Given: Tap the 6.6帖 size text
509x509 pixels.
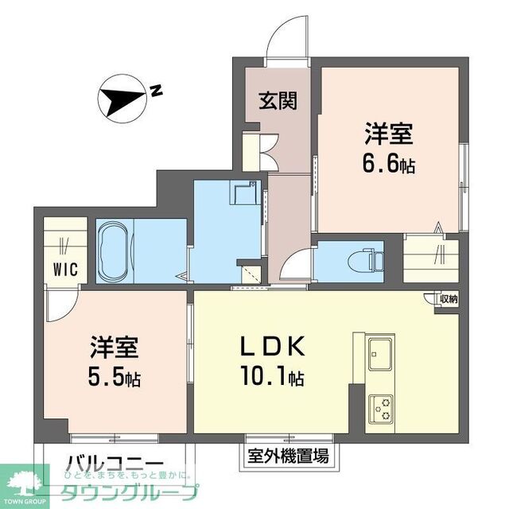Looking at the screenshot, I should pyautogui.click(x=389, y=165).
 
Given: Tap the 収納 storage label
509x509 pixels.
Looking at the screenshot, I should pyautogui.click(x=446, y=299).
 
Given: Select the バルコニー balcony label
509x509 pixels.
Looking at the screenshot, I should pyautogui.click(x=115, y=464).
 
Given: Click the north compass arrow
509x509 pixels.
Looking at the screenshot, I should pyautogui.click(x=119, y=99).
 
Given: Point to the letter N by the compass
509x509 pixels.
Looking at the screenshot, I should pyautogui.click(x=157, y=91).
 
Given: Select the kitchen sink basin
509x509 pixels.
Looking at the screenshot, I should pyautogui.click(x=379, y=352).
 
